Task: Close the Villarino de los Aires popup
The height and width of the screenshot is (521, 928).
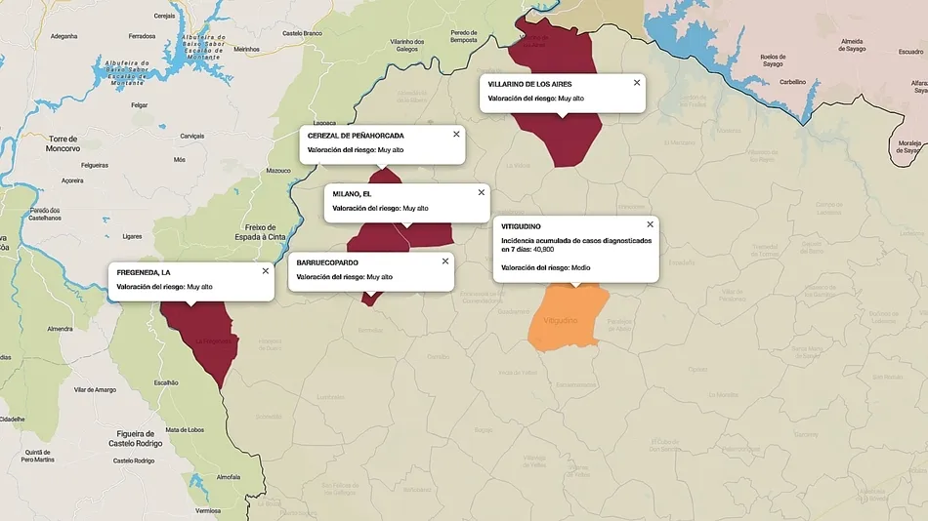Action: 637,83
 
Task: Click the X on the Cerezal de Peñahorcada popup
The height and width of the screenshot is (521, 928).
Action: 456,134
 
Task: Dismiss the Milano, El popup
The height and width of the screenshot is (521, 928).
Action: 481,192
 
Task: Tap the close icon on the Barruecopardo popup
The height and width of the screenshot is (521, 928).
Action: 445,260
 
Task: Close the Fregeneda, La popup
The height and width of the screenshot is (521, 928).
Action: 265,270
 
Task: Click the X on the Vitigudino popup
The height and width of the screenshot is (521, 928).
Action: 650,224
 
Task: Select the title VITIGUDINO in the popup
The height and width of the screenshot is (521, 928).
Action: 521,226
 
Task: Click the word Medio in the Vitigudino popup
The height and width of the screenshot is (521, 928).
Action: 580,267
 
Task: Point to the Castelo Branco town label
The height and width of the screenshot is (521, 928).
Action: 302,34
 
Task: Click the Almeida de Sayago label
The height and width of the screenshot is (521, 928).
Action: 853,46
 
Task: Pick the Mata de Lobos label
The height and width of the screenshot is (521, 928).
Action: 186,429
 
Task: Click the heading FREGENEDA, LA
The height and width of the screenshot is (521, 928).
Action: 144,271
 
